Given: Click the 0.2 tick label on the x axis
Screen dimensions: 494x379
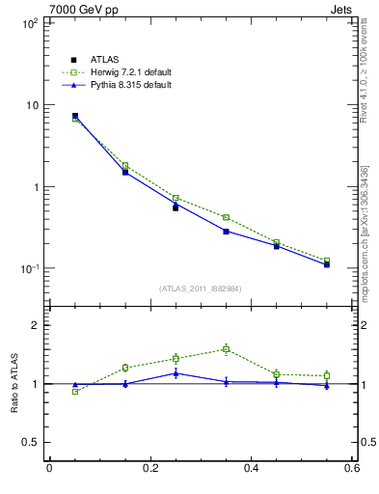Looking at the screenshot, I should click(149, 469).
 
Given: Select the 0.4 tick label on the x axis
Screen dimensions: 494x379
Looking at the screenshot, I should click(251, 469).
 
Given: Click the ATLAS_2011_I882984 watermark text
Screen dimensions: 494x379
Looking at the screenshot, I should click(201, 288).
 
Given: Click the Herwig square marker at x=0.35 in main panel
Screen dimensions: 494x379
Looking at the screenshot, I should click(226, 218).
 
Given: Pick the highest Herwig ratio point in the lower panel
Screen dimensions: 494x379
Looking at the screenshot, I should click(226, 349).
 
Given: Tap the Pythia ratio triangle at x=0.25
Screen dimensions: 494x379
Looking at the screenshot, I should click(176, 373).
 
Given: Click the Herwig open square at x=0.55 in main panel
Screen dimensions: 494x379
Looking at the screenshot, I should click(327, 261).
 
